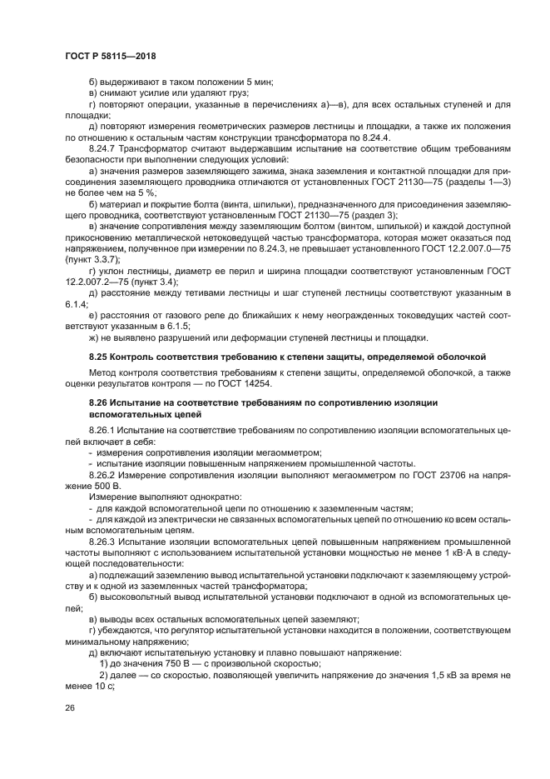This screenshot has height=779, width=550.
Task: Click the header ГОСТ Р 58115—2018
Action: (x=110, y=55)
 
